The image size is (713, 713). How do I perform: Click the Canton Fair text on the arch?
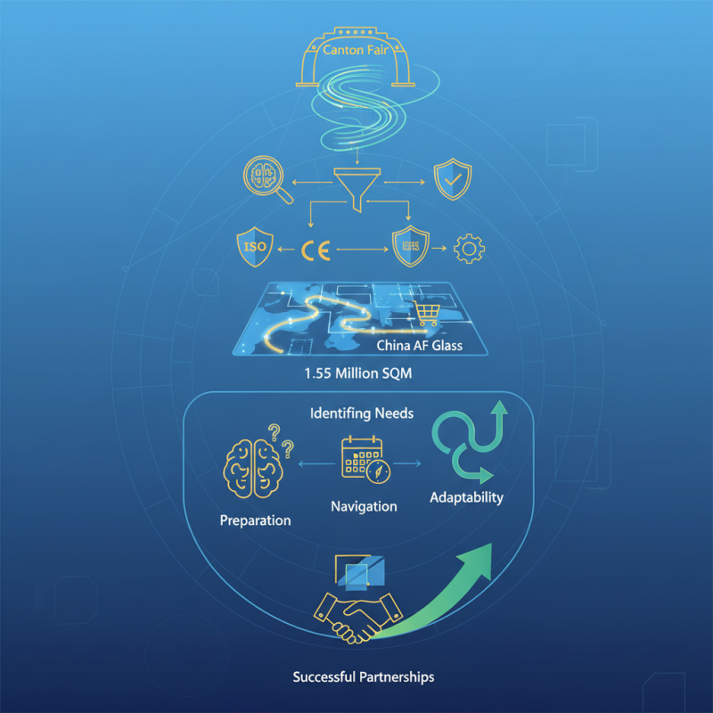click(355, 50)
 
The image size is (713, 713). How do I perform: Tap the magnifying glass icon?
click(266, 179)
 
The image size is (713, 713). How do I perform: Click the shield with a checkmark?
click(453, 179)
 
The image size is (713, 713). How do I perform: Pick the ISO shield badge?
click(255, 247)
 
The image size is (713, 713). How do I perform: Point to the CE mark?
click(316, 250)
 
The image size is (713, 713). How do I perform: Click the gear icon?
click(470, 249)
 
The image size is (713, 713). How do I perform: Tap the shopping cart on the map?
click(427, 314)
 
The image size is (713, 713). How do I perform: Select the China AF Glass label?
click(419, 346)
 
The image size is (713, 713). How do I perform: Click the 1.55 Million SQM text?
click(358, 373)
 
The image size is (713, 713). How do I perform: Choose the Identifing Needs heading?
click(362, 414)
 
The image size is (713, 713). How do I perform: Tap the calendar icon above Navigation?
click(365, 460)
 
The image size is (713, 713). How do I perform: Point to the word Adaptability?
click(466, 497)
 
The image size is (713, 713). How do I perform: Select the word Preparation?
click(255, 520)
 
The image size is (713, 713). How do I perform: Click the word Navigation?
click(364, 506)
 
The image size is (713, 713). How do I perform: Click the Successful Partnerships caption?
click(364, 677)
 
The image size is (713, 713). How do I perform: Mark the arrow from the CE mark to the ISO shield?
click(286, 250)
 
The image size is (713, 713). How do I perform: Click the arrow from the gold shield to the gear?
click(439, 249)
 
